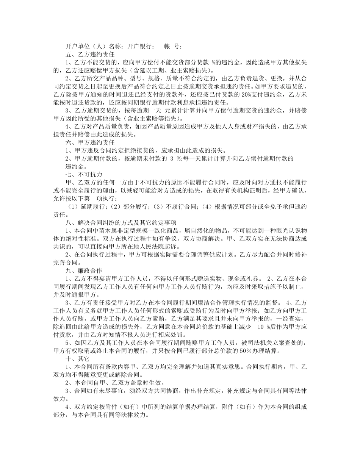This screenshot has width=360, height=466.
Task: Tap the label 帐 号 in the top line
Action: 173,47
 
